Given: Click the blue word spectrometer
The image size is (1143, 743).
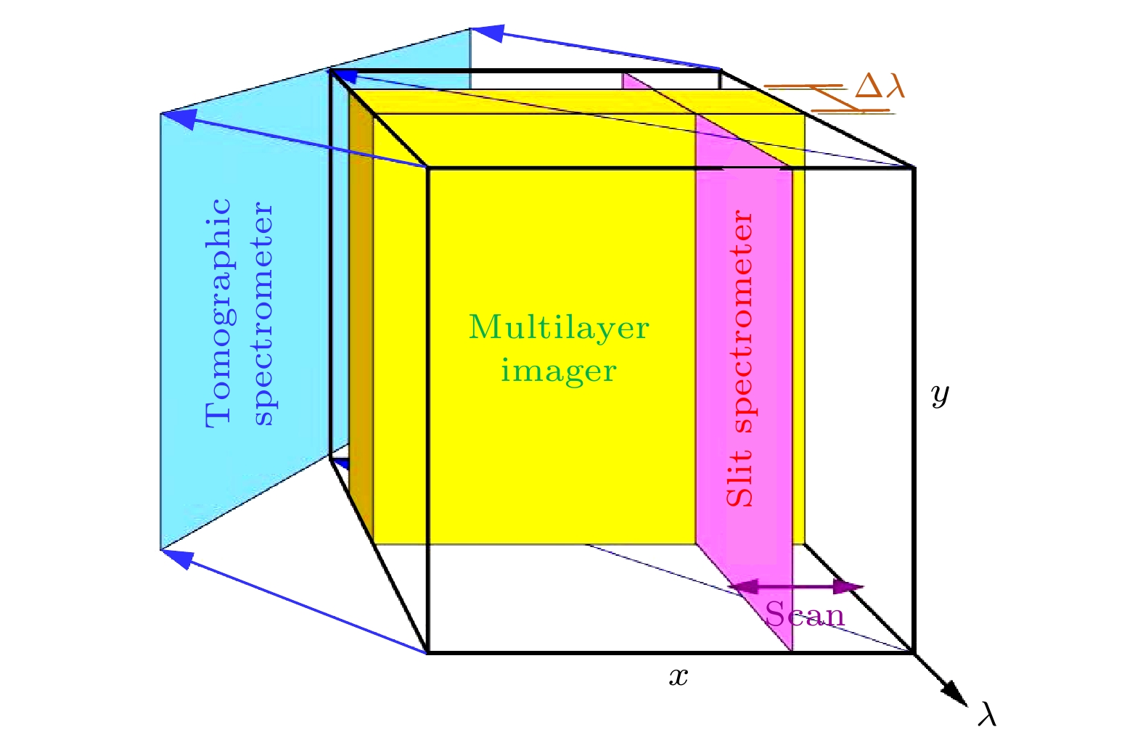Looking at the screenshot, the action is [x=264, y=314].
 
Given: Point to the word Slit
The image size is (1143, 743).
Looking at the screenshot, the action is [x=740, y=478].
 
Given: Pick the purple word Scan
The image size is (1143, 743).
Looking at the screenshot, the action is [x=805, y=615].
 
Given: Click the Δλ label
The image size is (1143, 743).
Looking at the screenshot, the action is [x=879, y=86].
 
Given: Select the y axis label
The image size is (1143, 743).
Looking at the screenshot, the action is [x=940, y=395].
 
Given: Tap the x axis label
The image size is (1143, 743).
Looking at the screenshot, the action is [x=678, y=677].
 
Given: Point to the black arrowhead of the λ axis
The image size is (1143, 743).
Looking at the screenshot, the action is [x=954, y=694].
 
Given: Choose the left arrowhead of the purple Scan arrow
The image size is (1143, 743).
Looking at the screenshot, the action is [x=743, y=587].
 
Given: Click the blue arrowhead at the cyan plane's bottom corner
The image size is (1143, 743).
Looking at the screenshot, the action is [x=177, y=558].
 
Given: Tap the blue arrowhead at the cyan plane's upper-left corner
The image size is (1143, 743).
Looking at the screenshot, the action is [x=179, y=120].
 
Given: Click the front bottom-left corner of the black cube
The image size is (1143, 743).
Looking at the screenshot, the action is [x=427, y=652].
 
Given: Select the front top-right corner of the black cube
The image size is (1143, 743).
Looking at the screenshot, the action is [x=914, y=168].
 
